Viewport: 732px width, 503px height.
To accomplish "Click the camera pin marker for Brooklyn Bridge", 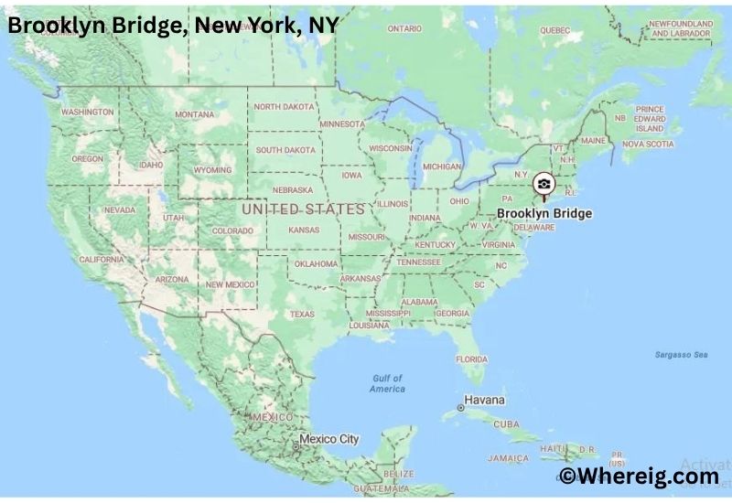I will (544, 185).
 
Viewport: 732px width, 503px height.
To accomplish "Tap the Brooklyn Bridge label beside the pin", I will (544, 214).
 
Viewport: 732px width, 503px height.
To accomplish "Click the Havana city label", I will (485, 401).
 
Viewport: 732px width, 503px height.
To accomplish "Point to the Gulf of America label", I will (387, 383).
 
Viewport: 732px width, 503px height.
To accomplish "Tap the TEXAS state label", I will (302, 314).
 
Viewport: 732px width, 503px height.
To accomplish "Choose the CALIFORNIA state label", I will (102, 260).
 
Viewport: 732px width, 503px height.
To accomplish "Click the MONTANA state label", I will (195, 114).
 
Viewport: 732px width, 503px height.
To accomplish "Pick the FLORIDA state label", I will (472, 359).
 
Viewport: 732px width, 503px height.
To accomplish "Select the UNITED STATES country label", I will (303, 209).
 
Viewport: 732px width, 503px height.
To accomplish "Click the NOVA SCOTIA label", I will (648, 144).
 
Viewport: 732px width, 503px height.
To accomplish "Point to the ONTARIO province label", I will (404, 28).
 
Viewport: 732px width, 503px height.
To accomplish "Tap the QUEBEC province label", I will (554, 29).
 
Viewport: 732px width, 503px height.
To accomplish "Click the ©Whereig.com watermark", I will (639, 476).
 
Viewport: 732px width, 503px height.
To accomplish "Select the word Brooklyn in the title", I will (50, 26).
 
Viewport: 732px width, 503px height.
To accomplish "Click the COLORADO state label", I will (232, 231).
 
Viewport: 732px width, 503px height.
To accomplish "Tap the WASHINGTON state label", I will (88, 112).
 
